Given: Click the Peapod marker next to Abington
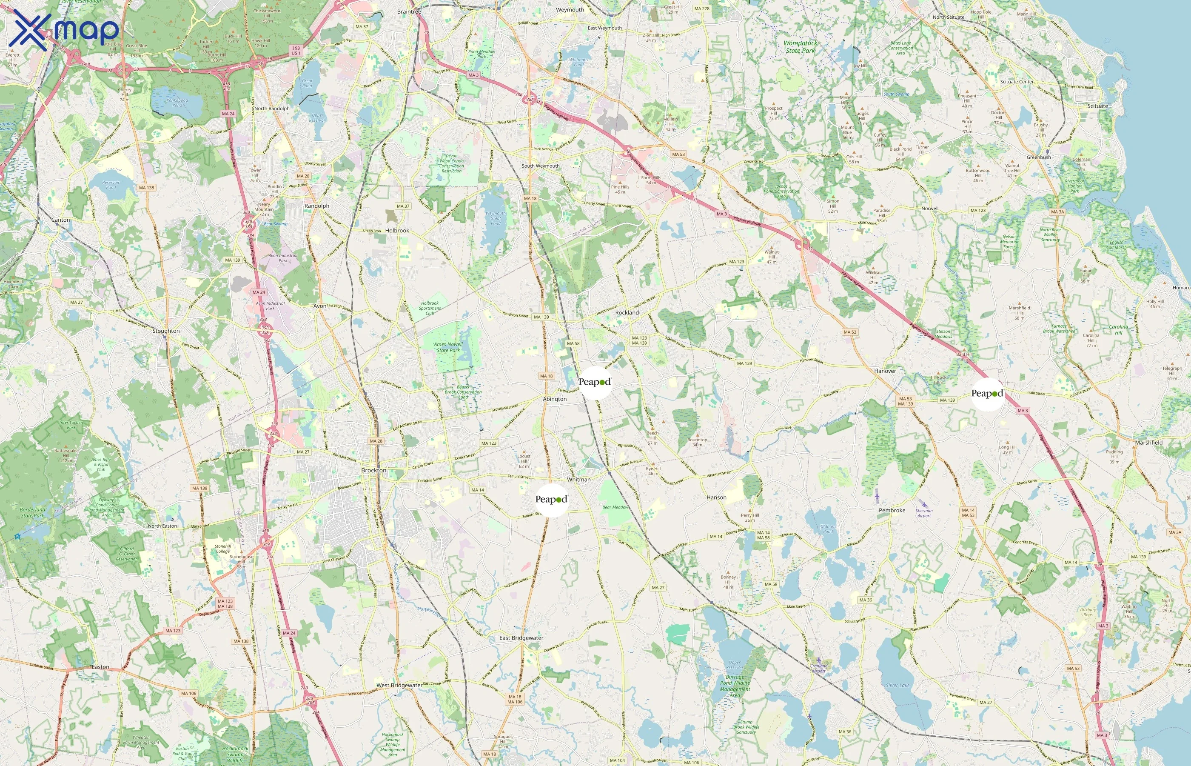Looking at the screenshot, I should point(595,382).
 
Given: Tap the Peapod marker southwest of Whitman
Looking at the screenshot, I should point(551,500).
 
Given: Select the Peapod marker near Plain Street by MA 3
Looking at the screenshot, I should point(987,394).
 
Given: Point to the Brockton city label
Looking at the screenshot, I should point(374,470).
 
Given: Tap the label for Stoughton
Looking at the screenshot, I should point(166,331).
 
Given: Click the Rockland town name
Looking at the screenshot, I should point(627,313).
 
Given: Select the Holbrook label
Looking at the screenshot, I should point(397,231).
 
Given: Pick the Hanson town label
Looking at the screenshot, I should point(716,497).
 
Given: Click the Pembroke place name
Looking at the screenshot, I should point(892,510).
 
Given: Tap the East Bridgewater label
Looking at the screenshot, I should point(521,637).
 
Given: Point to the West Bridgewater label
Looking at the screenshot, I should point(399,685).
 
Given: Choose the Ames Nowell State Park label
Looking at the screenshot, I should point(448,347).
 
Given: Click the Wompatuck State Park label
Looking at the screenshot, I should point(800,47).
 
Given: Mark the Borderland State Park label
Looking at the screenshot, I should point(33,512).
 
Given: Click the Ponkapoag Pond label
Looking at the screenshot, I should point(177,103).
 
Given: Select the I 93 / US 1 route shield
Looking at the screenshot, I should point(296,51).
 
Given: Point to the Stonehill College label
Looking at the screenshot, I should point(223,548).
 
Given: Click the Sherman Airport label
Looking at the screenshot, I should point(924,513).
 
